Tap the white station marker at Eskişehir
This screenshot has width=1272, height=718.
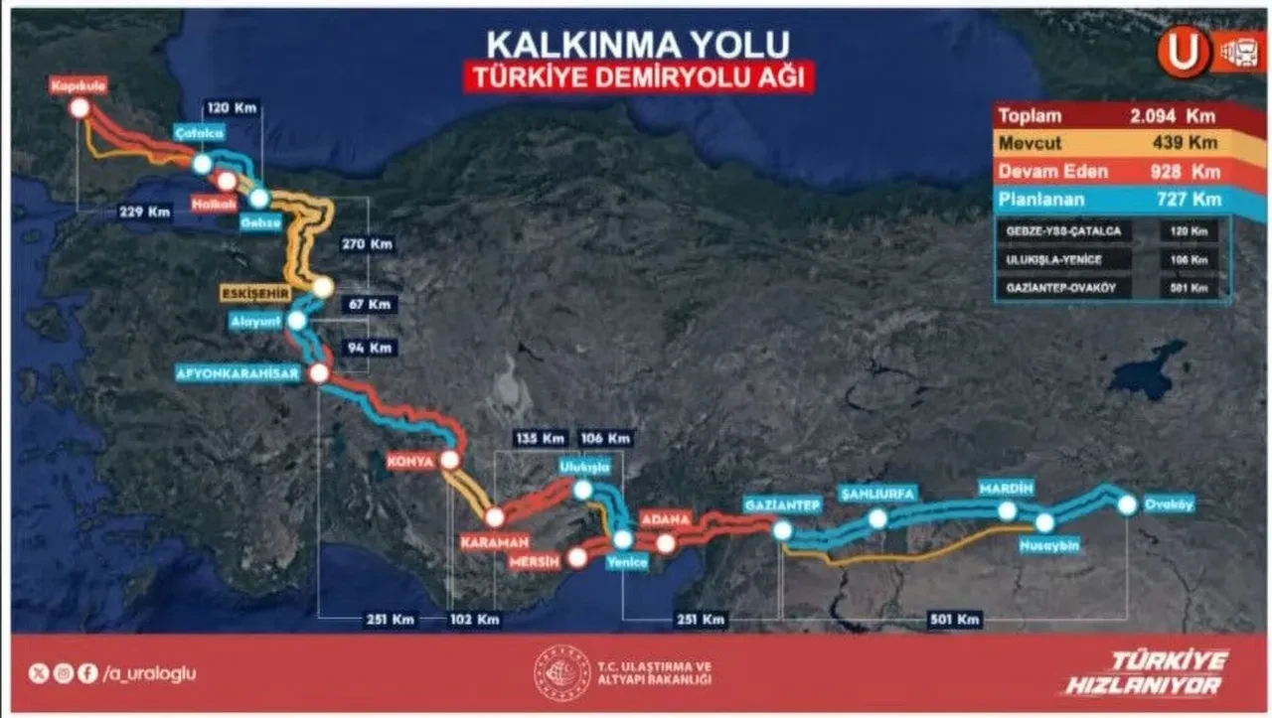click(322, 288)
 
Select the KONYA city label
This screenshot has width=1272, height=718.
click(413, 461)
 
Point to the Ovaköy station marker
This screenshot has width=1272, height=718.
click(1127, 504)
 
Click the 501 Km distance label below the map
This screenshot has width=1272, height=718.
click(955, 620)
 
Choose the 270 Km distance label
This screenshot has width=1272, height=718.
click(366, 242)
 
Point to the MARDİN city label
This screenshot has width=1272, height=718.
click(1007, 489)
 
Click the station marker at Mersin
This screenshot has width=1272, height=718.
click(577, 557)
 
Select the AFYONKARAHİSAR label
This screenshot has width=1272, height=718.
click(232, 374)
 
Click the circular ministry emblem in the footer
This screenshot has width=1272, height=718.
click(563, 672)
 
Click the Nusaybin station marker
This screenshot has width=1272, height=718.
click(1044, 522)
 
